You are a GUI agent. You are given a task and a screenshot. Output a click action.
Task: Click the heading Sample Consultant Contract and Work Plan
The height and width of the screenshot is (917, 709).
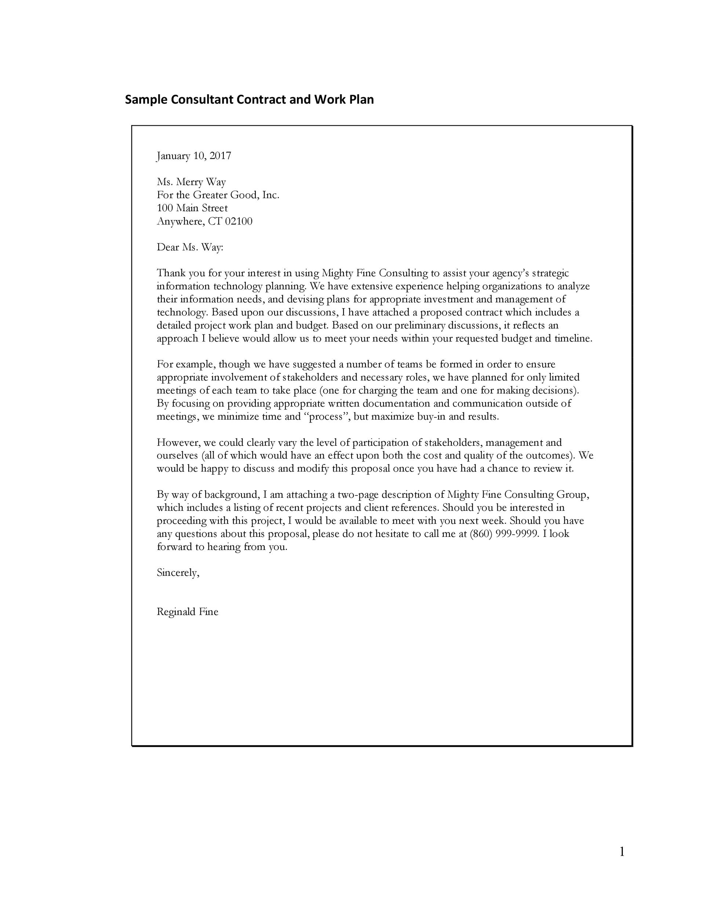249,100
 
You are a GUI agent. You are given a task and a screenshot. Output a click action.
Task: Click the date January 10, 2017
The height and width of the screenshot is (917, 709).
194,156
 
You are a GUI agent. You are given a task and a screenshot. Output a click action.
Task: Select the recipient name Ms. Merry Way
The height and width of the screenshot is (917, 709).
191,182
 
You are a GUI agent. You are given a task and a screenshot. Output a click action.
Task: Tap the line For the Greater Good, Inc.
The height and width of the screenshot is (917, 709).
218,195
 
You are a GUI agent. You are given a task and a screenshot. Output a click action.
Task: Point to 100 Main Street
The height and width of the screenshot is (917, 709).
192,208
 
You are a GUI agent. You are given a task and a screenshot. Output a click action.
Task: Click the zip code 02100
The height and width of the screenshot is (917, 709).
239,221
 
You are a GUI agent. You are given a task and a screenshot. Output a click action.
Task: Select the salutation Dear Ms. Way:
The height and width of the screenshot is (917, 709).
190,247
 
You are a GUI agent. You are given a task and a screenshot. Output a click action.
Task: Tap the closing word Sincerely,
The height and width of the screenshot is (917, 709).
178,573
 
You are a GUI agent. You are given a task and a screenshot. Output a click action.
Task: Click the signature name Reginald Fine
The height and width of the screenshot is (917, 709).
187,612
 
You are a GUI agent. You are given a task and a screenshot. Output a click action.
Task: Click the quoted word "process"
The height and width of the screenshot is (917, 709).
326,417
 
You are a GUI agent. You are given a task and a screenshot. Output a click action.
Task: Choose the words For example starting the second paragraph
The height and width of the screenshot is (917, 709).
185,364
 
